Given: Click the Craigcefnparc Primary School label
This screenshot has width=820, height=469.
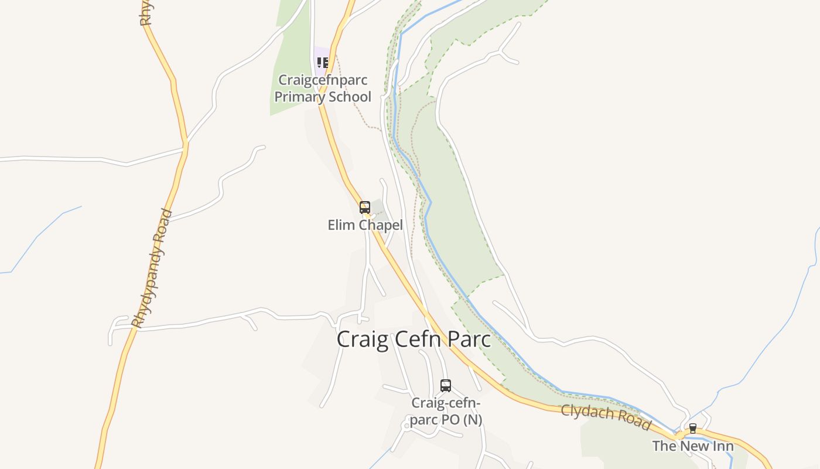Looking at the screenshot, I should coord(323,89).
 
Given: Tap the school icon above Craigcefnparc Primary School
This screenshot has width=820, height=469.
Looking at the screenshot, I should coord(322,62).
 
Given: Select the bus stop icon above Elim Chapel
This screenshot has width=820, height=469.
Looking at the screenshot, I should coord(365,208).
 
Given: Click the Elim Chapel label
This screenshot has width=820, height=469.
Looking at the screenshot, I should coord(365,225).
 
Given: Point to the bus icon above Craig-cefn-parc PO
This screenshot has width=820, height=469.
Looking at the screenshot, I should coord(446,386).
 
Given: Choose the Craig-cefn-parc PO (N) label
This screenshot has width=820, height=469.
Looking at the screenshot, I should coord(446,412).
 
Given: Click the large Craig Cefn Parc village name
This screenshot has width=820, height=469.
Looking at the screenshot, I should coord(414,339).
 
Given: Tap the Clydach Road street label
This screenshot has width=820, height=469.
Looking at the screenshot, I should coord(606,416).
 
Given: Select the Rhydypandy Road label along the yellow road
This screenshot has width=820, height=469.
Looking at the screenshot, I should coord(152,269).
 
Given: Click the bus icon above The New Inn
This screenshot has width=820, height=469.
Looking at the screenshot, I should coord(693,429).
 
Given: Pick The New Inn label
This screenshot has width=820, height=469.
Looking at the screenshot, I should coord(693,446).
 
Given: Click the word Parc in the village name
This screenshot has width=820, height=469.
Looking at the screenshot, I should coord(468,339).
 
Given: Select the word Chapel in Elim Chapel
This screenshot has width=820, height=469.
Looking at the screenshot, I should coord(380,225).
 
